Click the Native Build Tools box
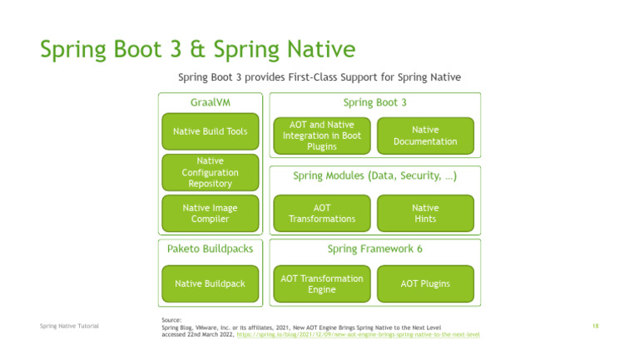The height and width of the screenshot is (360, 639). click(x=210, y=131)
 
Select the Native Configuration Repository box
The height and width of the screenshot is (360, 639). click(x=210, y=172)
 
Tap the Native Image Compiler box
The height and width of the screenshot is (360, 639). click(x=210, y=214)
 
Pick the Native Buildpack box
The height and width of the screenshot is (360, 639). click(x=210, y=284)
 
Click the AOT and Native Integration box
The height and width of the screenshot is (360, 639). click(x=321, y=136)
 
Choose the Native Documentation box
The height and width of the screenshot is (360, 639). click(x=424, y=136)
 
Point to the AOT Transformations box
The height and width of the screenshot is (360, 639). click(x=321, y=214)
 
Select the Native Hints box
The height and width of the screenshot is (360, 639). click(x=424, y=214)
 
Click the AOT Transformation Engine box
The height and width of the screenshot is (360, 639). click(x=321, y=284)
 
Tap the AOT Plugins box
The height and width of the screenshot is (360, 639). click(x=424, y=284)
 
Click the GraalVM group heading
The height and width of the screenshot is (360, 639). click(x=210, y=102)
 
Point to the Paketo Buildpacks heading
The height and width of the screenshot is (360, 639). click(x=210, y=249)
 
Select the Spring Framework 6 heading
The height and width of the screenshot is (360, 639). click(x=374, y=249)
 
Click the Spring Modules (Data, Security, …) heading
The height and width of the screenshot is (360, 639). click(x=374, y=176)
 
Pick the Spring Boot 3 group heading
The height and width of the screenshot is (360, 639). click(x=374, y=102)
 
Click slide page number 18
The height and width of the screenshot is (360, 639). click(x=596, y=326)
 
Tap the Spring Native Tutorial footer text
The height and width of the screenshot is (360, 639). click(x=69, y=326)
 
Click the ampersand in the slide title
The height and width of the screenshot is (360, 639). click(x=199, y=50)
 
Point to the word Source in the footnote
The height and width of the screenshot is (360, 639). click(x=171, y=319)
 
